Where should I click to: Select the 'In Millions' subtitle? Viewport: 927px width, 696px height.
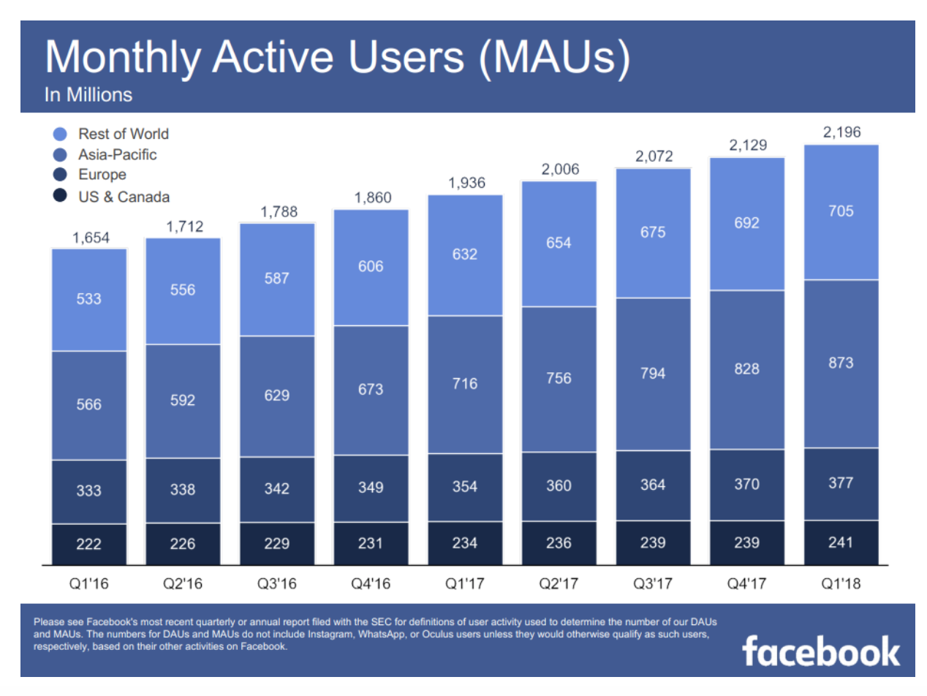(x=88, y=95)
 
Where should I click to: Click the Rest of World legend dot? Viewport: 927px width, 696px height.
(x=61, y=135)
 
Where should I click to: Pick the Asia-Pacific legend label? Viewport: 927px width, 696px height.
(x=118, y=154)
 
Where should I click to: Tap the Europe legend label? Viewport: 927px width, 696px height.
(x=102, y=175)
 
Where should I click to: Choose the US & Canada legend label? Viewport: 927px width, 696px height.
(x=124, y=196)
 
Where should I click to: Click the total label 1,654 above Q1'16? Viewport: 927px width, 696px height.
(x=88, y=238)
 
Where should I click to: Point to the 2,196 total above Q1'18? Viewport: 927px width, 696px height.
(x=841, y=132)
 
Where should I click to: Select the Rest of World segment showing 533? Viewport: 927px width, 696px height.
(x=88, y=299)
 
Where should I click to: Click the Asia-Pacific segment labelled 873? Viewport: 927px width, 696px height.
(x=841, y=363)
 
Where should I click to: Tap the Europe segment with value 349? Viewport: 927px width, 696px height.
(x=371, y=488)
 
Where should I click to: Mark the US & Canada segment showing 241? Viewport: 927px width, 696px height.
(x=841, y=542)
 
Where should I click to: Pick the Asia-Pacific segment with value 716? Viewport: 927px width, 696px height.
(x=465, y=384)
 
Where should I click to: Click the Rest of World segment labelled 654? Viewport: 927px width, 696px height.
(x=559, y=243)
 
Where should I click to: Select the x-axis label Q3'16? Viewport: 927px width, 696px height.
(x=276, y=585)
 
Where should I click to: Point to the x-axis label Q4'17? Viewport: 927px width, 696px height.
(x=746, y=585)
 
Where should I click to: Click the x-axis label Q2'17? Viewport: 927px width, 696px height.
(x=559, y=585)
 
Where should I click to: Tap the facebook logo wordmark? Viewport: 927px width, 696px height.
(x=821, y=650)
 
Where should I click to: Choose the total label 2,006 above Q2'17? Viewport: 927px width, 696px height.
(x=559, y=170)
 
